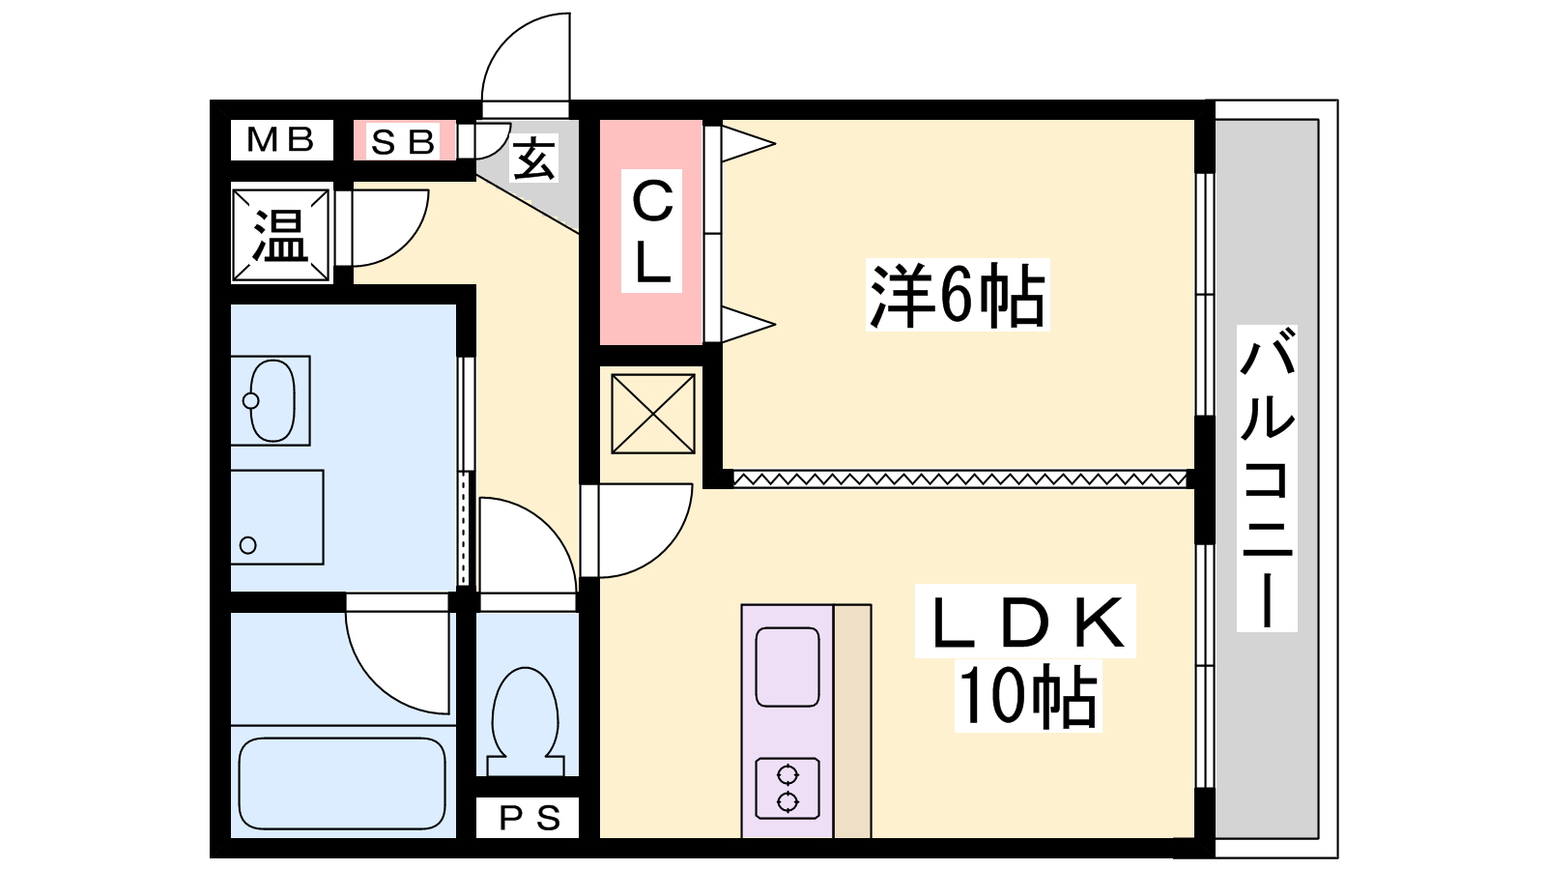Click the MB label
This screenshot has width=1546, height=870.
pyautogui.click(x=280, y=139)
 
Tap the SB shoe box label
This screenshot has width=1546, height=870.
pyautogui.click(x=403, y=141)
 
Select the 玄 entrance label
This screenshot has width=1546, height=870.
pyautogui.click(x=533, y=159)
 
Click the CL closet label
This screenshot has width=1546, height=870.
pyautogui.click(x=652, y=231)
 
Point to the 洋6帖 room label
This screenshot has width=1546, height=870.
pyautogui.click(x=958, y=295)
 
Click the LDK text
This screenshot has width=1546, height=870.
pyautogui.click(x=1026, y=623)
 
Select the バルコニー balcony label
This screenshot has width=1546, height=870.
pyautogui.click(x=1267, y=478)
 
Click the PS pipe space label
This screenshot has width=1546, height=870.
pyautogui.click(x=529, y=818)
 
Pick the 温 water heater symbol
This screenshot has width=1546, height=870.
pyautogui.click(x=280, y=235)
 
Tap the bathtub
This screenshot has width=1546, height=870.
pyautogui.click(x=342, y=783)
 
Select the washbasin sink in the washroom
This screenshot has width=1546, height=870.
pyautogui.click(x=272, y=400)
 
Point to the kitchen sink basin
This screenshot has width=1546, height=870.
pyautogui.click(x=787, y=667)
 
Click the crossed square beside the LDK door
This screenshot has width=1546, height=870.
pyautogui.click(x=653, y=415)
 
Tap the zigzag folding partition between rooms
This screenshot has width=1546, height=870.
pyautogui.click(x=960, y=478)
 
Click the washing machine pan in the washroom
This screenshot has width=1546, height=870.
pyautogui.click(x=276, y=517)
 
